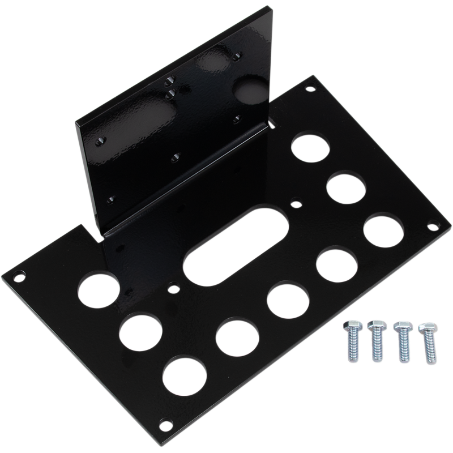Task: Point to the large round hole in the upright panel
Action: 249,90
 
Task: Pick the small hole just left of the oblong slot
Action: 169,288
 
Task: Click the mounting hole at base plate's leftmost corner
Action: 21,276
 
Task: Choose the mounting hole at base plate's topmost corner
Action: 309,89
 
